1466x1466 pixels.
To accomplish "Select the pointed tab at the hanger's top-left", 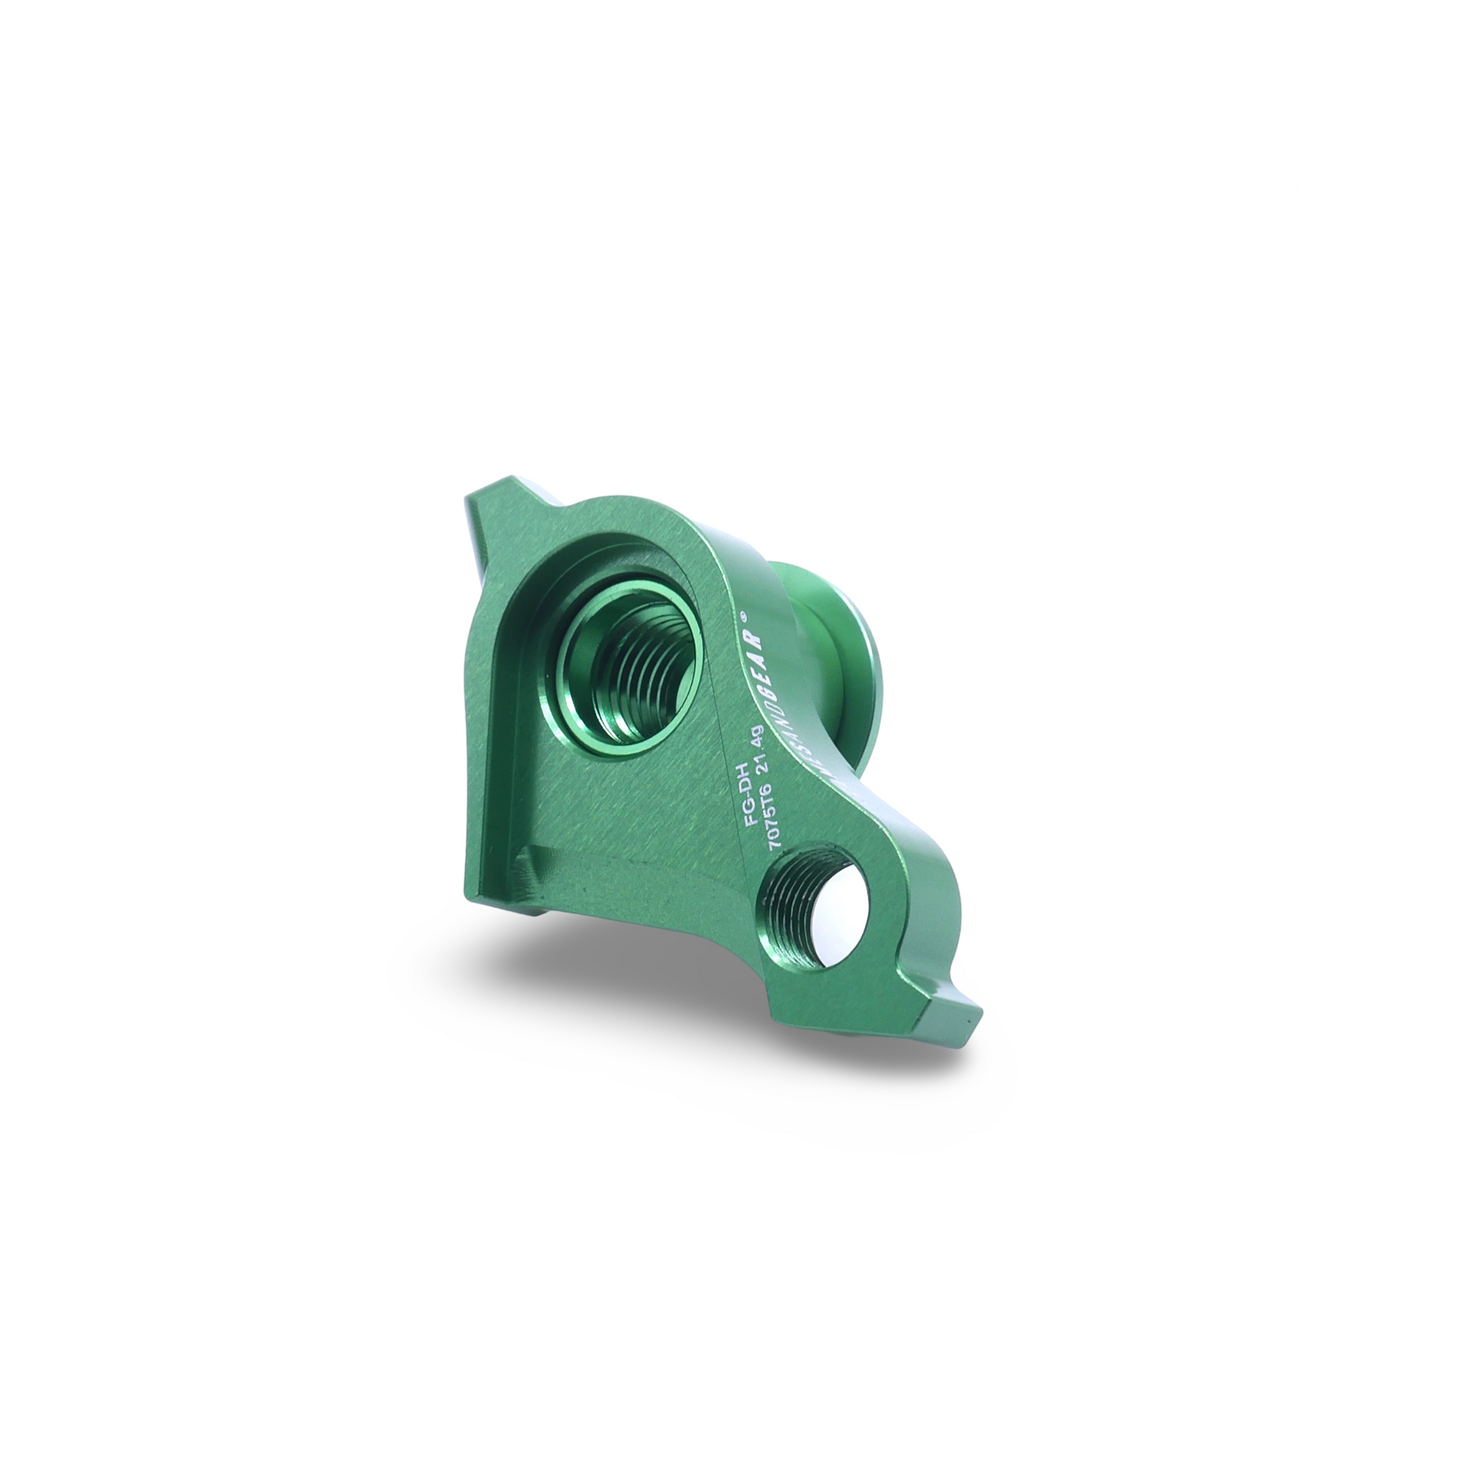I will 486,516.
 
